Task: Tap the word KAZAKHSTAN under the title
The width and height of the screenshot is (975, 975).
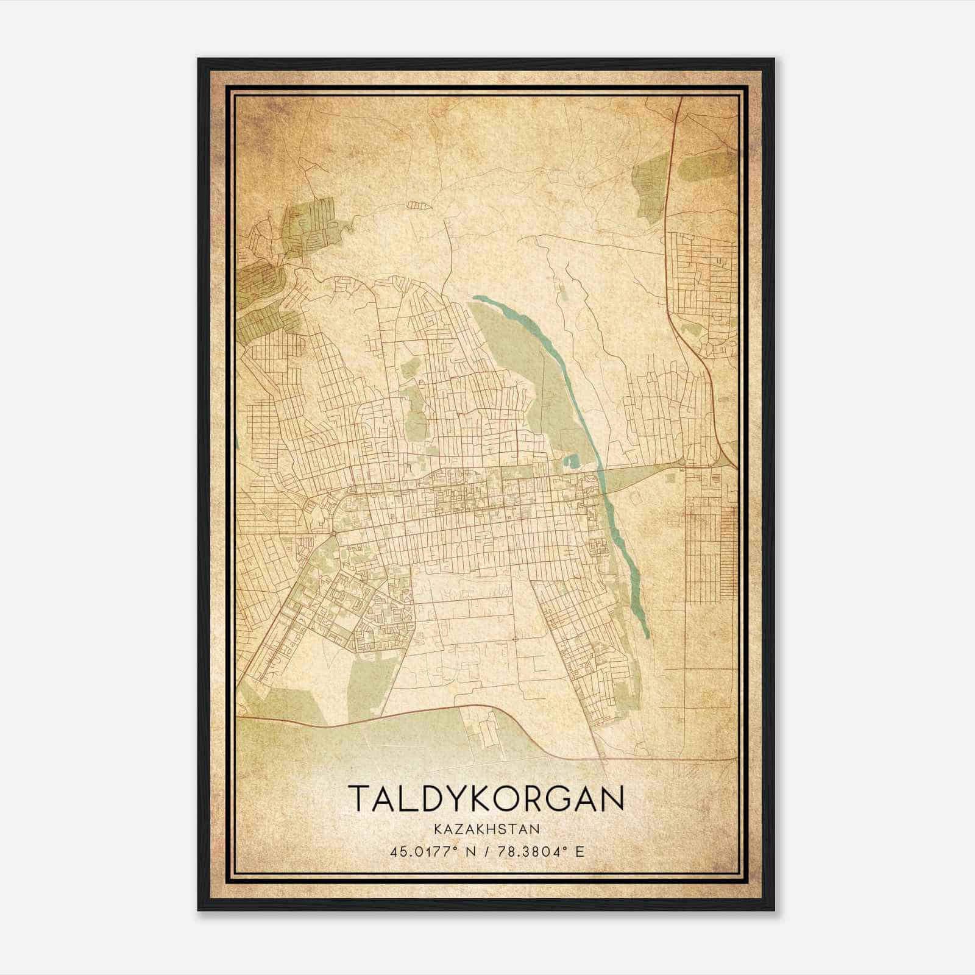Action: tap(487, 829)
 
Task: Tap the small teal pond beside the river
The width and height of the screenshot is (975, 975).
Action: tap(570, 462)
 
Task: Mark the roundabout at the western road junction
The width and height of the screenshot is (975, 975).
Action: tap(333, 534)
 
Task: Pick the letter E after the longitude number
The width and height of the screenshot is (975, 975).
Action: tap(580, 851)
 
